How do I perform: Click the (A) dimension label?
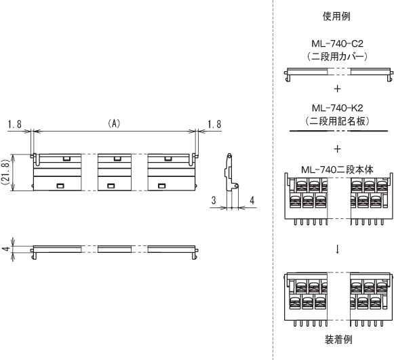pos(114,123)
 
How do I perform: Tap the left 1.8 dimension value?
pos(14,124)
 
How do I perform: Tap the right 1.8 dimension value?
pos(214,124)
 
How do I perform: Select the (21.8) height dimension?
pos(5,173)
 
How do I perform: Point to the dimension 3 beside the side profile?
pos(214,201)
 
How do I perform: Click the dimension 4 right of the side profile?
pos(252,201)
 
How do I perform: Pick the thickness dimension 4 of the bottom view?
pos(5,249)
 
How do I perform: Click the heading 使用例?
pos(336,16)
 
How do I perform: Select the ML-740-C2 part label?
pos(338,43)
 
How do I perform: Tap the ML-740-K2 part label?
pos(338,108)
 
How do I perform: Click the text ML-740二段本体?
pos(337,169)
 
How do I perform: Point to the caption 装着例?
pos(338,340)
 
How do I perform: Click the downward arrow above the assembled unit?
pos(338,249)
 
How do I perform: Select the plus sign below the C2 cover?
pos(338,89)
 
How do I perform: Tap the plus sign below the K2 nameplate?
pos(338,149)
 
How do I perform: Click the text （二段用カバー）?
pos(337,56)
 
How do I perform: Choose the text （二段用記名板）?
pos(337,121)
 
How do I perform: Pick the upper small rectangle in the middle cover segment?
pos(117,159)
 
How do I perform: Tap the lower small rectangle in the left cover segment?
pos(60,186)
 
